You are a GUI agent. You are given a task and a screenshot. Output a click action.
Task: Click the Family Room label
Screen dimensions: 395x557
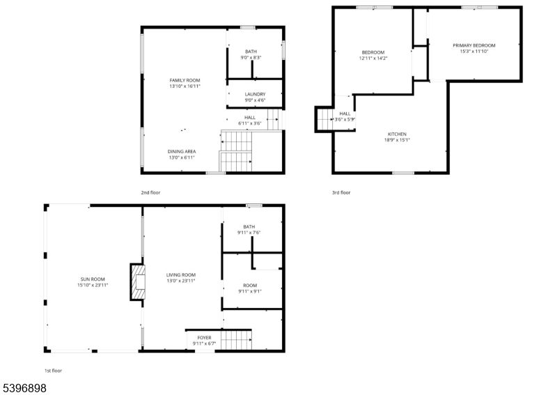tap(185, 80)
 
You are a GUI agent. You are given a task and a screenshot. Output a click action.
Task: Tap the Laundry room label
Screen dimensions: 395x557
tap(255, 94)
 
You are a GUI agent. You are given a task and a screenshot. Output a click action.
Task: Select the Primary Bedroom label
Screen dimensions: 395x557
tap(474, 45)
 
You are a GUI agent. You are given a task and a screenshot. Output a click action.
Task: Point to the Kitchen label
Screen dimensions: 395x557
tap(397, 134)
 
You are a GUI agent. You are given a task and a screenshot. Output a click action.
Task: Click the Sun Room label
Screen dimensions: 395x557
tap(93, 279)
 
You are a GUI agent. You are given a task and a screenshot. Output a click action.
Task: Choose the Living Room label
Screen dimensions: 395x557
tap(180, 274)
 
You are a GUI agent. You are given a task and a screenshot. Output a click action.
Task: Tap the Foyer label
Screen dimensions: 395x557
tap(204, 338)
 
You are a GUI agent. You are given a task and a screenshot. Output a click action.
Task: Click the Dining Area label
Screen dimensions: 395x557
tap(181, 151)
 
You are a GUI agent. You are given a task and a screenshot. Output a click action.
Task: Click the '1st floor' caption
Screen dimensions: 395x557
tap(53, 371)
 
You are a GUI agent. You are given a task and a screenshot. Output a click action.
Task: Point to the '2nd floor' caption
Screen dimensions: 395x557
tap(150, 192)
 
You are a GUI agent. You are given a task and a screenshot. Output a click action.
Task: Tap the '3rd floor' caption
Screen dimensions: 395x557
tap(341, 192)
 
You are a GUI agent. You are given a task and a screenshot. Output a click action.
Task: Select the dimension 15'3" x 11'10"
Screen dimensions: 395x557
tap(474, 51)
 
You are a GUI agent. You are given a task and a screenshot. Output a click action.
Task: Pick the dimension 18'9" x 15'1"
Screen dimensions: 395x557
tap(397, 139)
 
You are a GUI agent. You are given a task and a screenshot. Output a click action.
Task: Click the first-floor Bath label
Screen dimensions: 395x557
tap(249, 226)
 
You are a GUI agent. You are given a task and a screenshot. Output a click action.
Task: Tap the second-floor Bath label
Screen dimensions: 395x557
tap(251, 51)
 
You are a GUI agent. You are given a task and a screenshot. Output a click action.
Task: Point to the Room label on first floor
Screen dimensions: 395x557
tap(250, 285)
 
